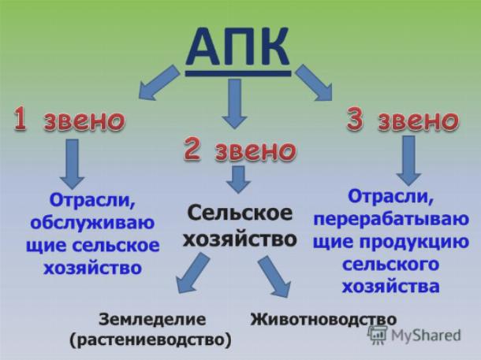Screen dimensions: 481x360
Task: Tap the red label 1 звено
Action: pos(69,119)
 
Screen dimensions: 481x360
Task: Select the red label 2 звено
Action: pos(240,149)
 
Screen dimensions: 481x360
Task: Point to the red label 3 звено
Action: pos(403,120)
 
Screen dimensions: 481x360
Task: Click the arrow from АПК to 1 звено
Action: pos(159,82)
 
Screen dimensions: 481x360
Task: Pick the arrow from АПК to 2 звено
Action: pos(235,103)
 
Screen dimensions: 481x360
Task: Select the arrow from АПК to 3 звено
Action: pos(314,82)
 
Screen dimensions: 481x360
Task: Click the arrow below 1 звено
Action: pos(72,164)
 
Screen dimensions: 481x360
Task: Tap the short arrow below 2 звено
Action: pos(239,180)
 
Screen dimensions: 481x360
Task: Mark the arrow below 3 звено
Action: pos(408,161)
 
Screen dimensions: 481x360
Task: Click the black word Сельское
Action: pos(240,213)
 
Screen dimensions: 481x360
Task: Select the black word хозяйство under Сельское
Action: pos(240,239)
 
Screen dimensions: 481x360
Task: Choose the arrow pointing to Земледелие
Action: pos(192,273)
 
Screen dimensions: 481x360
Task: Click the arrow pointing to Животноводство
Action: pos(274,276)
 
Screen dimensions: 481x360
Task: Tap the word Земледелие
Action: pos(152,320)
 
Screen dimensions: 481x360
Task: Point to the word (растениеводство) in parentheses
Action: pos(151,340)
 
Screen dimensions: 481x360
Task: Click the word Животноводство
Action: pos(323,319)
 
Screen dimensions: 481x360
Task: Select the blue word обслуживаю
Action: pos(92,223)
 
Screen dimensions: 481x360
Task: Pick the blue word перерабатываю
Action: pos(391,219)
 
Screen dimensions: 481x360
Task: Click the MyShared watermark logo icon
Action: pos(377,334)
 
